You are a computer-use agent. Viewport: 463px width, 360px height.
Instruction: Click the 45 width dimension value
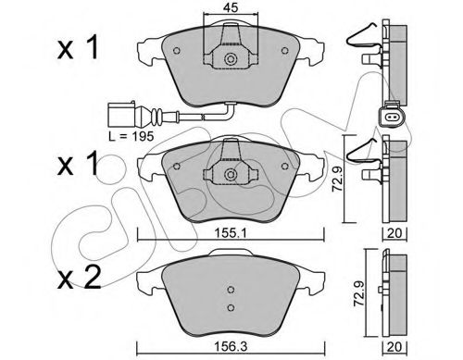(x=231, y=7)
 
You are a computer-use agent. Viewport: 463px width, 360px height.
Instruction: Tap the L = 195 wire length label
(x=131, y=136)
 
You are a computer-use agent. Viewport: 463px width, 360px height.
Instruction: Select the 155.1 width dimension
(x=231, y=233)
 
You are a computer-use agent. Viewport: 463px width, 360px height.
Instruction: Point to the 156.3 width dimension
(x=231, y=347)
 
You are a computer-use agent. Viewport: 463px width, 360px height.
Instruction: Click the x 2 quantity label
(x=80, y=278)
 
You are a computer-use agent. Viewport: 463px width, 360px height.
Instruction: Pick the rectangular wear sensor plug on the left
(x=121, y=115)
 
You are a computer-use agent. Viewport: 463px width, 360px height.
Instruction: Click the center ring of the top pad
(x=230, y=59)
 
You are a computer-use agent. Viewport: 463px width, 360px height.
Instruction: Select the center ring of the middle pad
(x=230, y=175)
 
